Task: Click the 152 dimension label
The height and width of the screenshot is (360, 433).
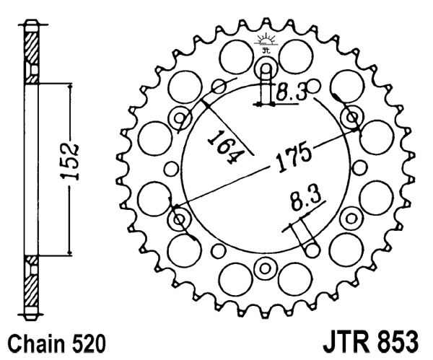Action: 70,162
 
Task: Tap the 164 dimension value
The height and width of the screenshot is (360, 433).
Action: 226,147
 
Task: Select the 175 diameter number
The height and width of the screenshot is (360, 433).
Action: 294,157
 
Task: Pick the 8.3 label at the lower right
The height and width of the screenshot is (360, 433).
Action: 306,198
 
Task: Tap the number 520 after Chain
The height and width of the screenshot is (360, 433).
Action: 89,344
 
